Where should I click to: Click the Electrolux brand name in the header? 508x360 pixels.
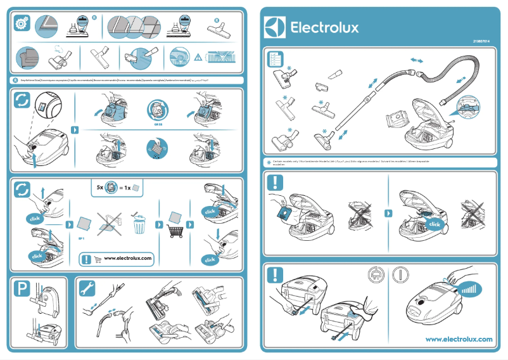pyautogui.click(x=324, y=27)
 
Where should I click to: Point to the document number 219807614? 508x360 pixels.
pyautogui.click(x=482, y=41)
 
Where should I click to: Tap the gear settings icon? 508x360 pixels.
pyautogui.click(x=20, y=24)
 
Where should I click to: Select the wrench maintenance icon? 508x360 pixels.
pyautogui.click(x=87, y=289)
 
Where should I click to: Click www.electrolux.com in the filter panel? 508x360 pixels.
pyautogui.click(x=128, y=258)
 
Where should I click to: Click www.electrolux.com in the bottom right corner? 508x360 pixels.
pyautogui.click(x=459, y=339)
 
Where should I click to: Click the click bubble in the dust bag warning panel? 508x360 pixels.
pyautogui.click(x=435, y=224)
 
